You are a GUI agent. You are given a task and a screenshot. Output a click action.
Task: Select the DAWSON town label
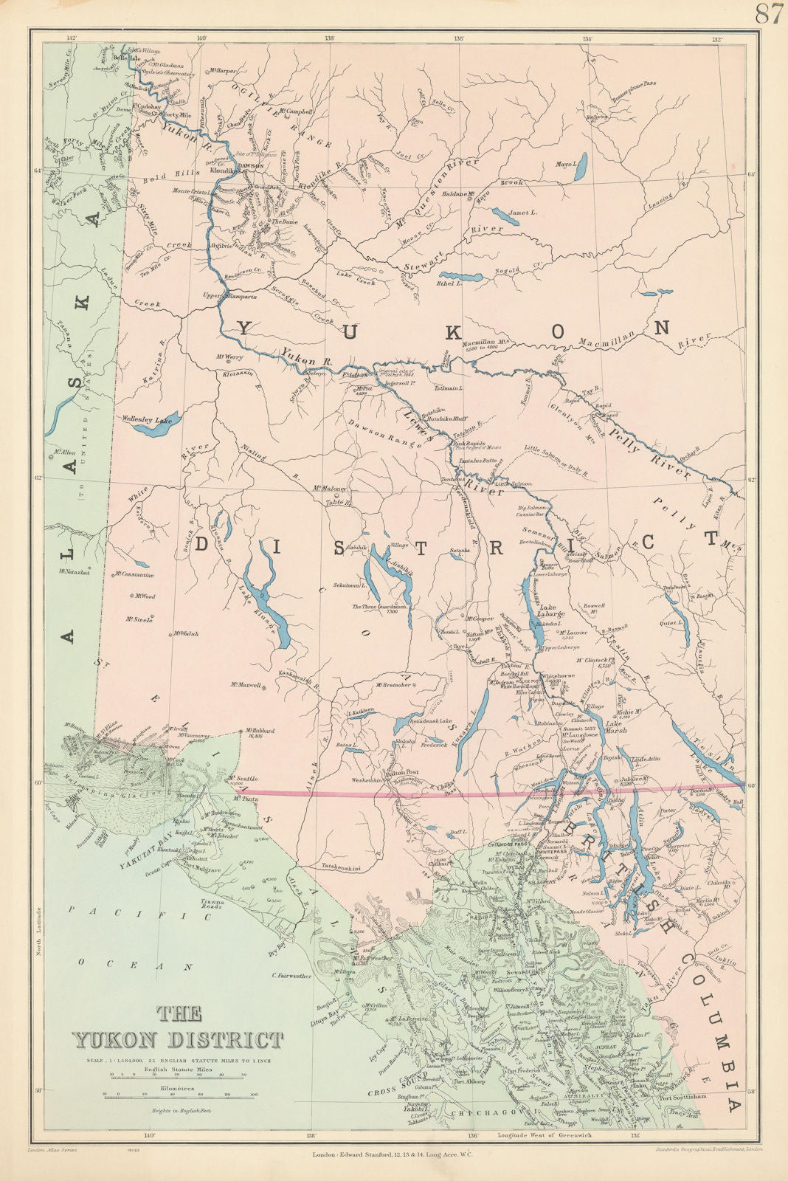tap(251, 165)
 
